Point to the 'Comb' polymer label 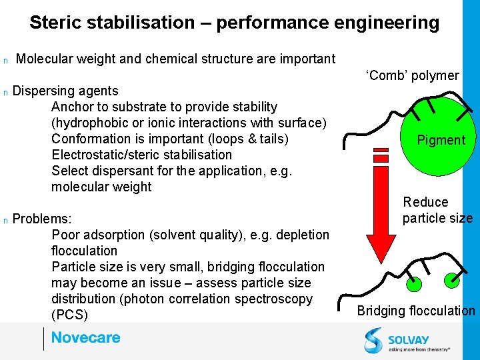pyautogui.click(x=412, y=75)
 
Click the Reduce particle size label pyautogui.click(x=437, y=210)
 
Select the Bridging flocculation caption pyautogui.click(x=416, y=311)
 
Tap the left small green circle pyautogui.click(x=414, y=285)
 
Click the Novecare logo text pyautogui.click(x=86, y=338)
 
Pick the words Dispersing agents pyautogui.click(x=65, y=91)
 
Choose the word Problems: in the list pyautogui.click(x=42, y=219)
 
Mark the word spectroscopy pyautogui.click(x=273, y=299)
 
